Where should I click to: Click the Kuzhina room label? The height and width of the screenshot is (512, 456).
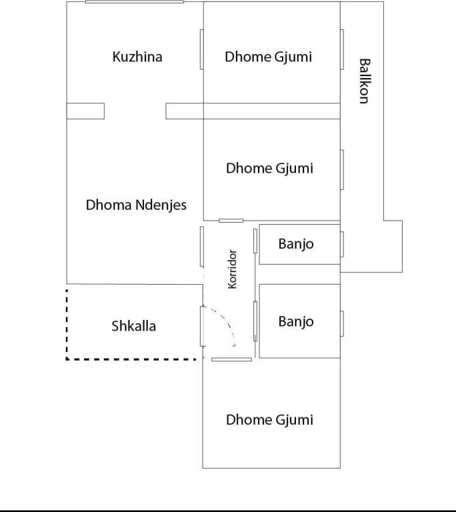pos(137,57)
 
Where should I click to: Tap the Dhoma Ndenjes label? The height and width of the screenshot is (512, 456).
pos(136,205)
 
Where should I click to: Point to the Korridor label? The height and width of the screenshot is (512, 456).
pos(232,269)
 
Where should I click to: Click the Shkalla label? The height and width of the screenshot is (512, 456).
pos(133,326)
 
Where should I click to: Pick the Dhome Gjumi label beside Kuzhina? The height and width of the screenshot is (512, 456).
pos(268,57)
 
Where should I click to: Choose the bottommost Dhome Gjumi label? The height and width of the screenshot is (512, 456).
pos(269,420)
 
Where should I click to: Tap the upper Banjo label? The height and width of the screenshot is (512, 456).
pos(296,244)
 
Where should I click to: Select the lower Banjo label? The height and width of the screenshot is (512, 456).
pos(296,321)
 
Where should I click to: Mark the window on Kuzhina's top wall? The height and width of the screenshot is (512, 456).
pos(135,1)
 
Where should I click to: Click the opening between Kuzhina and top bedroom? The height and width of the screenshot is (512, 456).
pos(202,49)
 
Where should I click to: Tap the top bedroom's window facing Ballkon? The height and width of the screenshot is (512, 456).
pos(342,49)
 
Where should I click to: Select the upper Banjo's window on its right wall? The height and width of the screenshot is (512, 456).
pos(342,244)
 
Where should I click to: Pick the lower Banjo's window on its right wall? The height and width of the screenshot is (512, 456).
pos(342,323)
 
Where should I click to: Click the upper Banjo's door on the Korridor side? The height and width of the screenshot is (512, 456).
pos(255,241)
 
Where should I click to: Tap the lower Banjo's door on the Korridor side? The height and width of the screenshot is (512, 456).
pos(255,321)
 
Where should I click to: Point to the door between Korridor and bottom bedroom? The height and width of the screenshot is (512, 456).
pos(231,359)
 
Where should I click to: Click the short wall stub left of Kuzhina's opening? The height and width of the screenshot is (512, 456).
pos(85,111)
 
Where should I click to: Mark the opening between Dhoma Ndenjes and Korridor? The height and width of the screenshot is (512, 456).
pos(202,247)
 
